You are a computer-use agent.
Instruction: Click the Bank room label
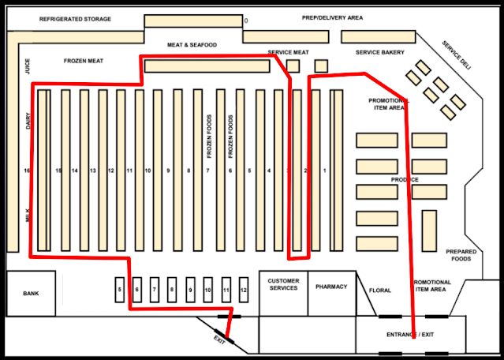(x=31, y=294)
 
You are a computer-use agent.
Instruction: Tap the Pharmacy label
(x=331, y=287)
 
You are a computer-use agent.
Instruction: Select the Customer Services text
(x=283, y=284)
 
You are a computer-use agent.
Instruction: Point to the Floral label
(x=380, y=291)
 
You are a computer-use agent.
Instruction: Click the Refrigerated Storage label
(x=76, y=18)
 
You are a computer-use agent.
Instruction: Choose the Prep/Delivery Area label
(x=332, y=17)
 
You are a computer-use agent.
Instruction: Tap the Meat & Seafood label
(x=192, y=45)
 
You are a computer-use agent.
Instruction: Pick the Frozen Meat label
(x=84, y=60)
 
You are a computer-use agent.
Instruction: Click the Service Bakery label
(x=379, y=53)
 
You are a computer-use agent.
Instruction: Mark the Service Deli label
(x=456, y=56)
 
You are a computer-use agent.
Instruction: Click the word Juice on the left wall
(x=28, y=66)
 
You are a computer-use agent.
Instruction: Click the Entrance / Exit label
(x=410, y=335)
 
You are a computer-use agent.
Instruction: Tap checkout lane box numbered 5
(x=120, y=291)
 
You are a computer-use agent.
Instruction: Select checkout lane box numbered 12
(x=244, y=291)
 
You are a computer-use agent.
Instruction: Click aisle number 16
(x=28, y=171)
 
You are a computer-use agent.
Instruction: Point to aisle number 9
(x=167, y=171)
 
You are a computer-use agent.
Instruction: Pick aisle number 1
(x=324, y=171)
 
